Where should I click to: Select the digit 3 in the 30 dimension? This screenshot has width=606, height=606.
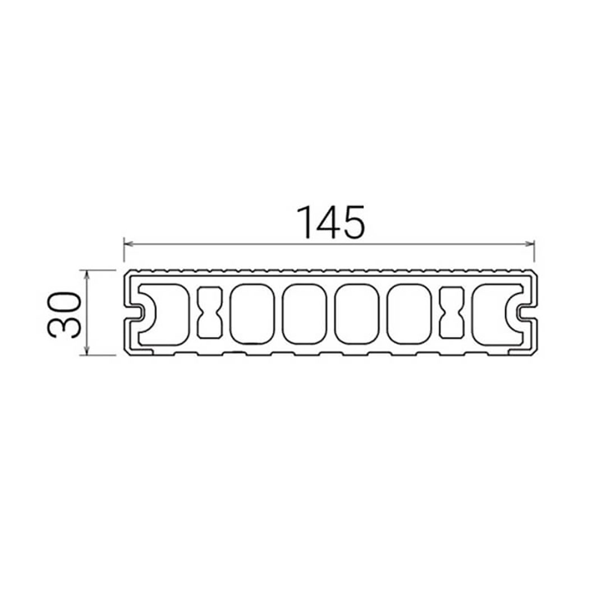64,328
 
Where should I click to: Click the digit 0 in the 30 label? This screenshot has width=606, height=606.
64,304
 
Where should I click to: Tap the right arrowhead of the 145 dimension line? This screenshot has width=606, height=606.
529,244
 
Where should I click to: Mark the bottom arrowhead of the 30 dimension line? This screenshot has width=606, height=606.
86,350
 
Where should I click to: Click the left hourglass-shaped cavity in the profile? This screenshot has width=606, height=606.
210,313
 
